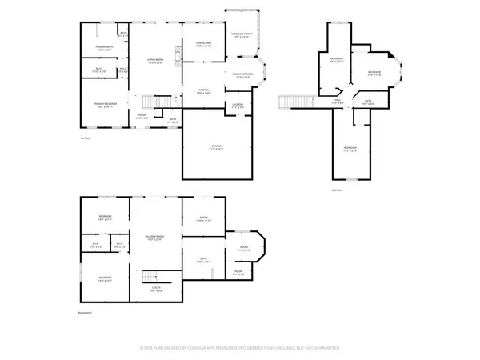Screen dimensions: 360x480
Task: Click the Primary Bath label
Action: tap(102, 49)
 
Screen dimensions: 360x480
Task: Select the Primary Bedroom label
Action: tap(102, 105)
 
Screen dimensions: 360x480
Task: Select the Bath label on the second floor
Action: tap(368, 102)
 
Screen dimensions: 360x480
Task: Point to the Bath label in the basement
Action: tap(202, 260)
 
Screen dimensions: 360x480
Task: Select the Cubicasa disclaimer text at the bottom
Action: tap(240, 349)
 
